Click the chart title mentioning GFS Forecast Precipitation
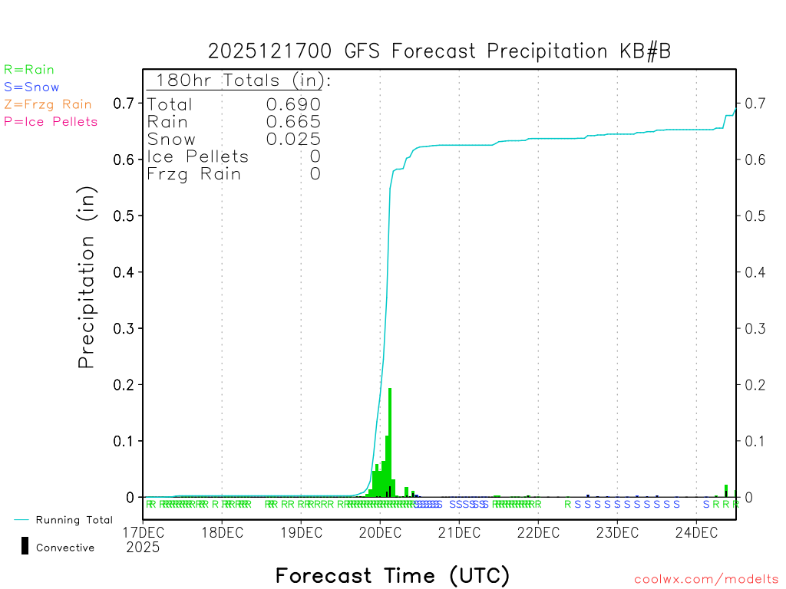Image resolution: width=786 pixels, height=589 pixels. coord(440,51)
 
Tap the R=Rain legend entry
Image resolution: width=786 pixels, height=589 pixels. coord(29,70)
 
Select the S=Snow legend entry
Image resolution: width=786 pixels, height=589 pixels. coord(31,87)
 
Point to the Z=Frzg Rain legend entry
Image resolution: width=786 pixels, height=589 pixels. coord(48,104)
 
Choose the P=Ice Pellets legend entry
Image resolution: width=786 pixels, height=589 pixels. coord(51,121)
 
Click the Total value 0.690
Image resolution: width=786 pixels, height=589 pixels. coord(293,104)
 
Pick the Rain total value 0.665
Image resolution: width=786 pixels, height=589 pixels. coord(293,122)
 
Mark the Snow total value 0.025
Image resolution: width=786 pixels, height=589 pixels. coord(293,139)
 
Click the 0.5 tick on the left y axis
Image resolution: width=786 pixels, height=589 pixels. coord(124,216)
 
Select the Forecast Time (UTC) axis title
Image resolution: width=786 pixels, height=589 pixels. coord(392,575)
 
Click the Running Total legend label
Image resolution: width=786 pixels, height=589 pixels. coord(74,520)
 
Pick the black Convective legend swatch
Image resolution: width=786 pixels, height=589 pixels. coord(25,546)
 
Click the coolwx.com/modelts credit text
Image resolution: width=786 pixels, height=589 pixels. coord(706,580)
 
